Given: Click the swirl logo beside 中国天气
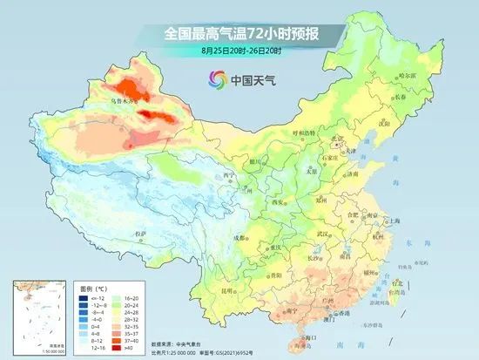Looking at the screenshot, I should point(213,81).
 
